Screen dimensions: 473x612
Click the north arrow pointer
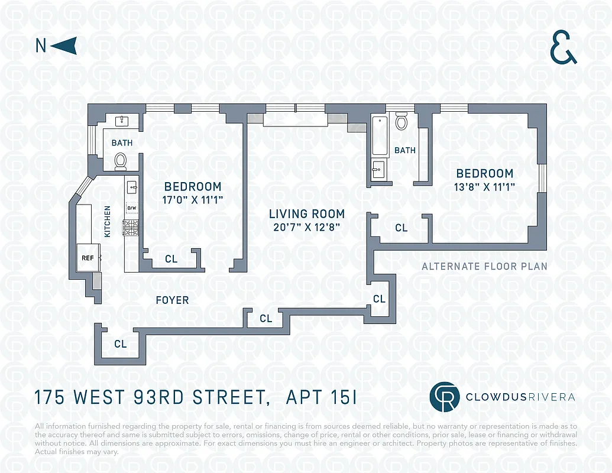66,46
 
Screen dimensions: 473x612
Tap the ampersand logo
563,48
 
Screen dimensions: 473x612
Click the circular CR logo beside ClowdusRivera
445,397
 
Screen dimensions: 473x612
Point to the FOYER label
172,300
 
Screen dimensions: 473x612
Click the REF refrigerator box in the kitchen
88,258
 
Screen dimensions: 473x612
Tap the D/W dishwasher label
131,208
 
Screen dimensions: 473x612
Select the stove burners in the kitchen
131,227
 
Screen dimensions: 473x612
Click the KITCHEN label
108,222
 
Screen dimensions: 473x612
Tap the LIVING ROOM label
306,214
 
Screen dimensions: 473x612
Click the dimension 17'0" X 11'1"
193,199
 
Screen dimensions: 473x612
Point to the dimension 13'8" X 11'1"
485,186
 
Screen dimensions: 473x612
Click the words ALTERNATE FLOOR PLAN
484,267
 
